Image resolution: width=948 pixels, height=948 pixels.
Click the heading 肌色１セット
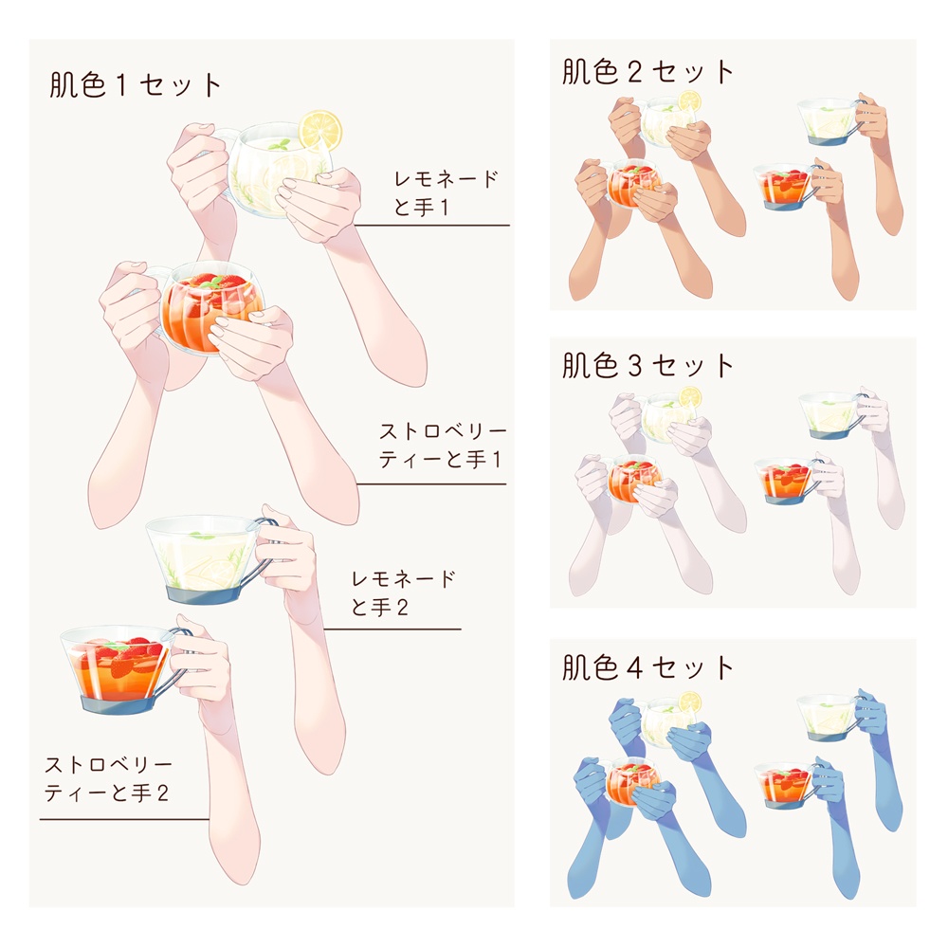point(136,85)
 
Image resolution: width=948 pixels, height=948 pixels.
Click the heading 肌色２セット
point(648,73)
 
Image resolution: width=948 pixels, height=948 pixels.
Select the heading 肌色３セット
point(648,366)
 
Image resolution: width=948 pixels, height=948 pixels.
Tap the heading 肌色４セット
point(648,667)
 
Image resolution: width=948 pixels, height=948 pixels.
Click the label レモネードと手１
point(445,193)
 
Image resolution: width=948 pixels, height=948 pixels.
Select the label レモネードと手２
point(402,592)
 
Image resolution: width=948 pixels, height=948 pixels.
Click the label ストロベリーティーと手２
point(107,778)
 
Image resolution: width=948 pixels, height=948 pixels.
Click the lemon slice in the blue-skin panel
point(689,702)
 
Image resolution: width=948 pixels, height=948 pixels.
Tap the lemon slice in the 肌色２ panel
point(689,100)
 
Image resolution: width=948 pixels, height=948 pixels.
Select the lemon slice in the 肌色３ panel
point(689,396)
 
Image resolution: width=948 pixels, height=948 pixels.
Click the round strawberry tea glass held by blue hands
point(628,782)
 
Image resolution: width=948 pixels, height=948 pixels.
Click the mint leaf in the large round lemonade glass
point(278,145)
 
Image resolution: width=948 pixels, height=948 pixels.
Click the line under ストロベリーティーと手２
point(123,819)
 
